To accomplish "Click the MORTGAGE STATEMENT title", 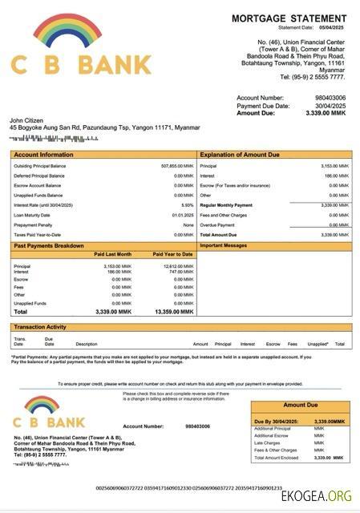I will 289,18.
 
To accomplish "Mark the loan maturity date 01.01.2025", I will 183,215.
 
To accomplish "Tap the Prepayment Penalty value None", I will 188,224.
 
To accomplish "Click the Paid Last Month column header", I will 112,254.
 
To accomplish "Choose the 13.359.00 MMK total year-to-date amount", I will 174,311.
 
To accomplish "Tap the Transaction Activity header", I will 40,327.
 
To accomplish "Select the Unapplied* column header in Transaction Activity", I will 318,344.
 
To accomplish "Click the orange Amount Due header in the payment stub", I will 301,406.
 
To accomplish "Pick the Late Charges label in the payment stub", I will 269,442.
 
